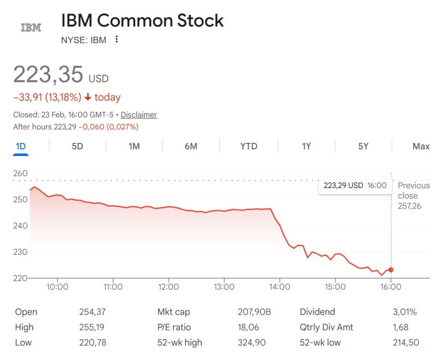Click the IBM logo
pos(31,27)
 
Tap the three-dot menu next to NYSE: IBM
pos(117,39)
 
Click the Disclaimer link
pos(138,115)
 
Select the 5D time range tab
pos(77,146)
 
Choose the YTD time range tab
pos(249,146)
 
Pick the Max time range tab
pos(421,146)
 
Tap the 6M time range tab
pos(191,146)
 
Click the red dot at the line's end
pos(391,270)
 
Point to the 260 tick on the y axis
pos(20,173)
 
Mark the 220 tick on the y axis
pos(20,278)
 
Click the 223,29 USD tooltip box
pos(355,185)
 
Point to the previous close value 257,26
pos(409,206)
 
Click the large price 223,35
pos(48,74)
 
